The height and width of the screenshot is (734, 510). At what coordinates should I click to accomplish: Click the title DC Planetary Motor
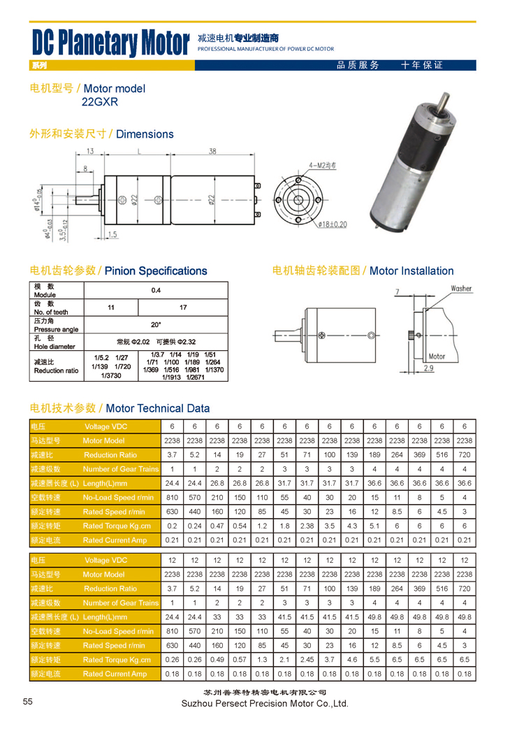(111, 43)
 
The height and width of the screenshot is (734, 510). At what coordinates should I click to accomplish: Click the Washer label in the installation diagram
(461, 288)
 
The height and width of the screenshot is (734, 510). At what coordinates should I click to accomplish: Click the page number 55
(28, 702)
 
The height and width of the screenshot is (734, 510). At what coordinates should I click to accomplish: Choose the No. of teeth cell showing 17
(183, 307)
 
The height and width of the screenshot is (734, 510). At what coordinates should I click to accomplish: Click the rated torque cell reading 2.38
(307, 526)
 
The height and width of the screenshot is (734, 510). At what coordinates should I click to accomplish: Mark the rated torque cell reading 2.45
(307, 659)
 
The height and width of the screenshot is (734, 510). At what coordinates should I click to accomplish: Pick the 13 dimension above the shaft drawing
(90, 152)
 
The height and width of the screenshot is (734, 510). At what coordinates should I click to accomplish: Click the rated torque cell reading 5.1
(374, 526)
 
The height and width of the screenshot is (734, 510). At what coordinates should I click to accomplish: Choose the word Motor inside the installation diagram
(437, 357)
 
